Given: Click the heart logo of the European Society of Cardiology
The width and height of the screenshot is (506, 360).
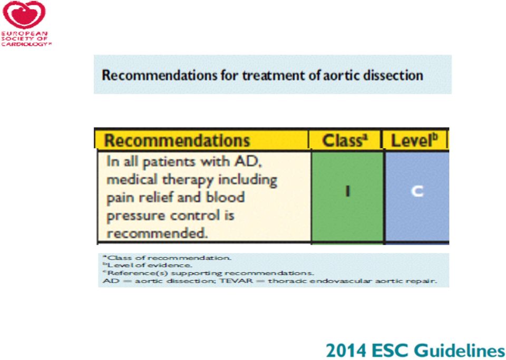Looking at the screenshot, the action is click(24, 15).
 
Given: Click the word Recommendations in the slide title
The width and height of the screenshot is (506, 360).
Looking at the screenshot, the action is click(159, 75).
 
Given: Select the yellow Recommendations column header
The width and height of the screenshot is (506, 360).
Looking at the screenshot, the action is click(177, 141).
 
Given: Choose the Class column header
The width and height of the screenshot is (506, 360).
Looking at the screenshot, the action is click(345, 141).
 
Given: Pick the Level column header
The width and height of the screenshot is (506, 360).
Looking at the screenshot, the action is click(414, 141).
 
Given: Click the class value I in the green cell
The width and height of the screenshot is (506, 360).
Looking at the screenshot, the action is click(347, 191).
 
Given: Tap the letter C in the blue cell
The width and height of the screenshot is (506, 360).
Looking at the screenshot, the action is click(417, 191).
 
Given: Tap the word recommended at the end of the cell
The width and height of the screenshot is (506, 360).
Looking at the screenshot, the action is click(157, 233).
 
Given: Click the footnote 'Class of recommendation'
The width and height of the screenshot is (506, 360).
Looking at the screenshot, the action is click(167, 258).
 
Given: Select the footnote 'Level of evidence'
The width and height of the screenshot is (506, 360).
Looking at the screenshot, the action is click(147, 265).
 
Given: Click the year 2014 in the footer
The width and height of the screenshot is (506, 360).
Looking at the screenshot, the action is click(346, 351).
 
